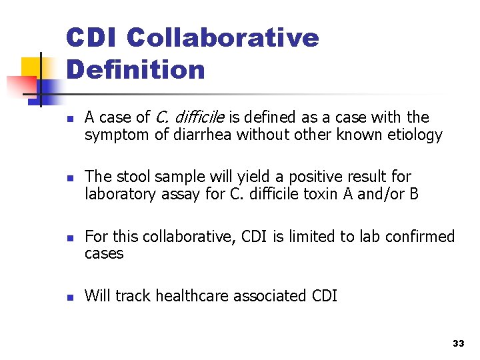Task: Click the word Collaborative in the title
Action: pyautogui.click(x=222, y=38)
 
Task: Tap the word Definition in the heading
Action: pyautogui.click(x=135, y=69)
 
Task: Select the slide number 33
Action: pyautogui.click(x=457, y=343)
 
